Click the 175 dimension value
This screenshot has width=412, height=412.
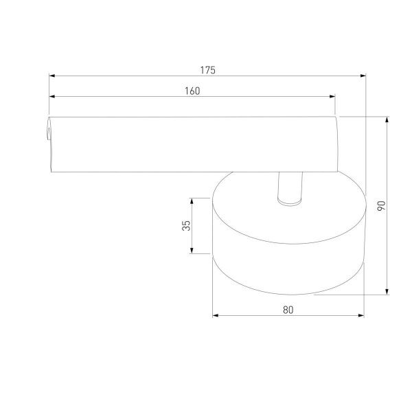208,70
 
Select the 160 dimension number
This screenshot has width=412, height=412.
192,91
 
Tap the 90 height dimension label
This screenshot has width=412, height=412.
381,205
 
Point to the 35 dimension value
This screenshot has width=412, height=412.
186,226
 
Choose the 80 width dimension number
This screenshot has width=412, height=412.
288,310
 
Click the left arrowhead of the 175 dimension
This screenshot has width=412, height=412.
52,76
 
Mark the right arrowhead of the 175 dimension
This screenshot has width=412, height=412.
363,76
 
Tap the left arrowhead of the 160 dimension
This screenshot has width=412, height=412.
52,96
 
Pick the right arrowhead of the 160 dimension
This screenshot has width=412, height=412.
332,96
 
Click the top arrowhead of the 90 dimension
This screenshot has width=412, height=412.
387,119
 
